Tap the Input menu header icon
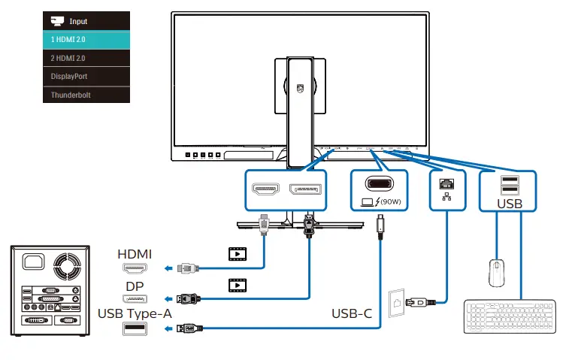coord(57,21)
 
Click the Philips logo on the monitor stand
coord(300,89)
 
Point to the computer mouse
coord(497,273)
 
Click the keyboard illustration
coord(510,316)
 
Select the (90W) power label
coord(391,201)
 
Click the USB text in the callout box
coord(510,204)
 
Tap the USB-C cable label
coord(352,314)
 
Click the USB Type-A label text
coord(135,314)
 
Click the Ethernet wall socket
coord(396,303)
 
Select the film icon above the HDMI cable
coord(238,254)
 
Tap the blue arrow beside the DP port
coord(168,299)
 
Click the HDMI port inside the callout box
coord(265,189)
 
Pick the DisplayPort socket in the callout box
coord(305,189)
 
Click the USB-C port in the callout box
coord(379,183)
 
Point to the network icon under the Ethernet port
coord(446,197)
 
